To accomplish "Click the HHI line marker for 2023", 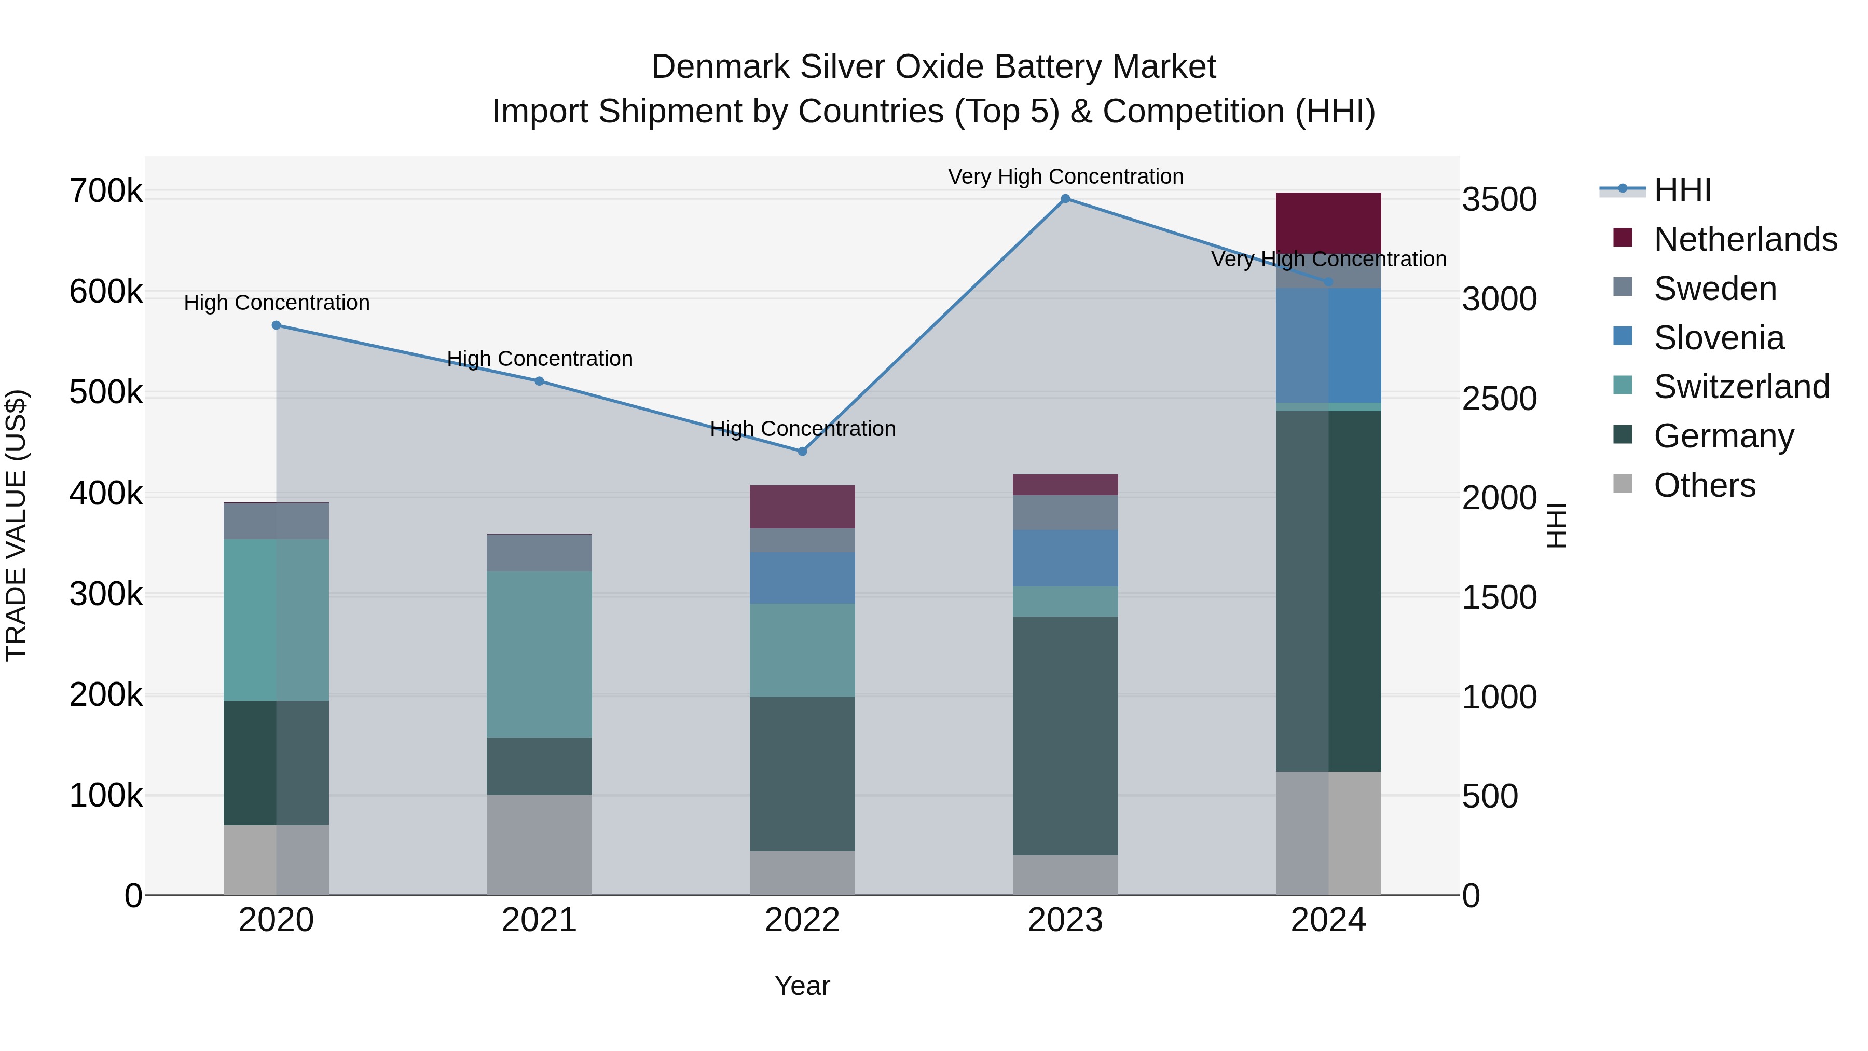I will [1065, 199].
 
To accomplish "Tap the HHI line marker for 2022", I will [802, 451].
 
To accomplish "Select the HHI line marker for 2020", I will [276, 325].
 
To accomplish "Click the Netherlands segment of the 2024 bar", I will [1328, 223].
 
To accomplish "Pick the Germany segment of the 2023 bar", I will [1065, 735].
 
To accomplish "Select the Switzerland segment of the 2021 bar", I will [539, 654].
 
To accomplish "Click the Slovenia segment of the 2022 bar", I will [802, 578].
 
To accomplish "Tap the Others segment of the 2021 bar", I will [539, 845].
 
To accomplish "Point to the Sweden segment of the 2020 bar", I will [276, 521].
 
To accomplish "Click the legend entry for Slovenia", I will [1718, 338].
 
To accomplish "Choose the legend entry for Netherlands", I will [1745, 239].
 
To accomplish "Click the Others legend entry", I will [1704, 485].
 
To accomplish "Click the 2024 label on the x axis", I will [1328, 920].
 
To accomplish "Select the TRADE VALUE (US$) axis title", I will [16, 525].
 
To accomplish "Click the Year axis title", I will [802, 986].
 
